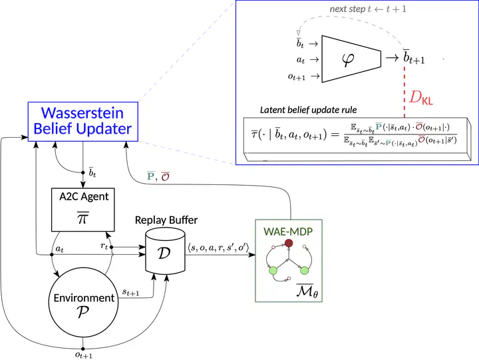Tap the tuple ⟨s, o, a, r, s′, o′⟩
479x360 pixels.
pos(218,248)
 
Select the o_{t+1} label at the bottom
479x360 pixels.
pos(84,355)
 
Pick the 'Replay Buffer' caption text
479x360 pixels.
pos(166,220)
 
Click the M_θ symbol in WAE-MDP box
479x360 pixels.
pos(307,291)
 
